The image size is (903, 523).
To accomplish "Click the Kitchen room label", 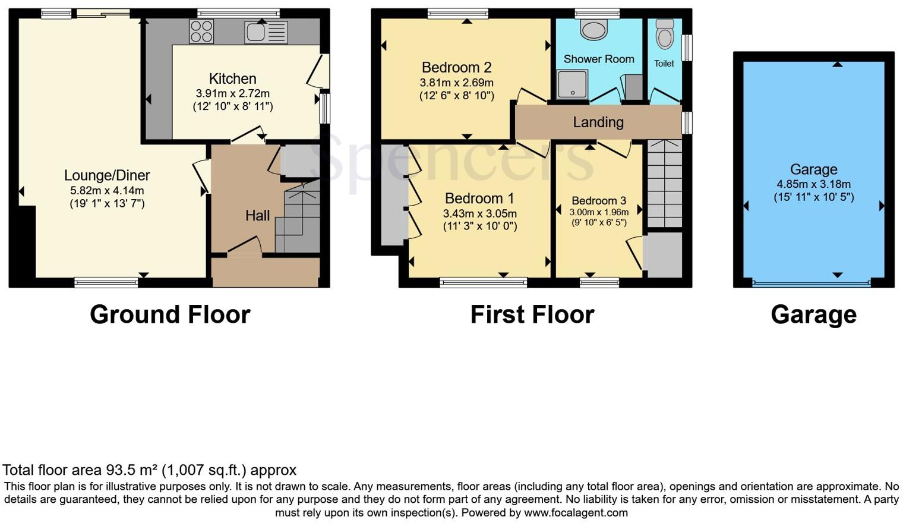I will point(232,79).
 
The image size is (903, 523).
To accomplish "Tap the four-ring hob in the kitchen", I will point(201,31).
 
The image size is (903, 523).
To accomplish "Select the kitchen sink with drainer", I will point(266,32).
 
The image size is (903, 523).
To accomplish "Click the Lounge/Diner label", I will point(107,175).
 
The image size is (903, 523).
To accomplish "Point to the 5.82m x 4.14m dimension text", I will point(107,191).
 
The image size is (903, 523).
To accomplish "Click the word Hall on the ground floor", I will point(257,216).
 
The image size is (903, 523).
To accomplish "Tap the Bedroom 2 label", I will point(456,68).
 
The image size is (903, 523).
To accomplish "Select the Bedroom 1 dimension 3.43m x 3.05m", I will point(479,213).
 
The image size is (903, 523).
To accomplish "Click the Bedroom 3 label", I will point(599,201).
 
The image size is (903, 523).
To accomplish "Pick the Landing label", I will point(598,122).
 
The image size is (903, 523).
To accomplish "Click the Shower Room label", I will point(598,59).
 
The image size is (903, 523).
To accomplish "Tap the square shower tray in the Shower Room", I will point(572,84).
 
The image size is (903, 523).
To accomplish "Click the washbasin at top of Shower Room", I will point(593,29).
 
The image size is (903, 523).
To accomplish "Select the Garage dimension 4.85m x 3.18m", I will point(813,184).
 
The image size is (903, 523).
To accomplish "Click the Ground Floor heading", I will point(170,314).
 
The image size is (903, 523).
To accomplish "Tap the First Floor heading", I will point(532,314).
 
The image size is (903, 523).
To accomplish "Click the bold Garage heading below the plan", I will point(813,314).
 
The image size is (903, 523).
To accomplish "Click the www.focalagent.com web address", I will point(576,513).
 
